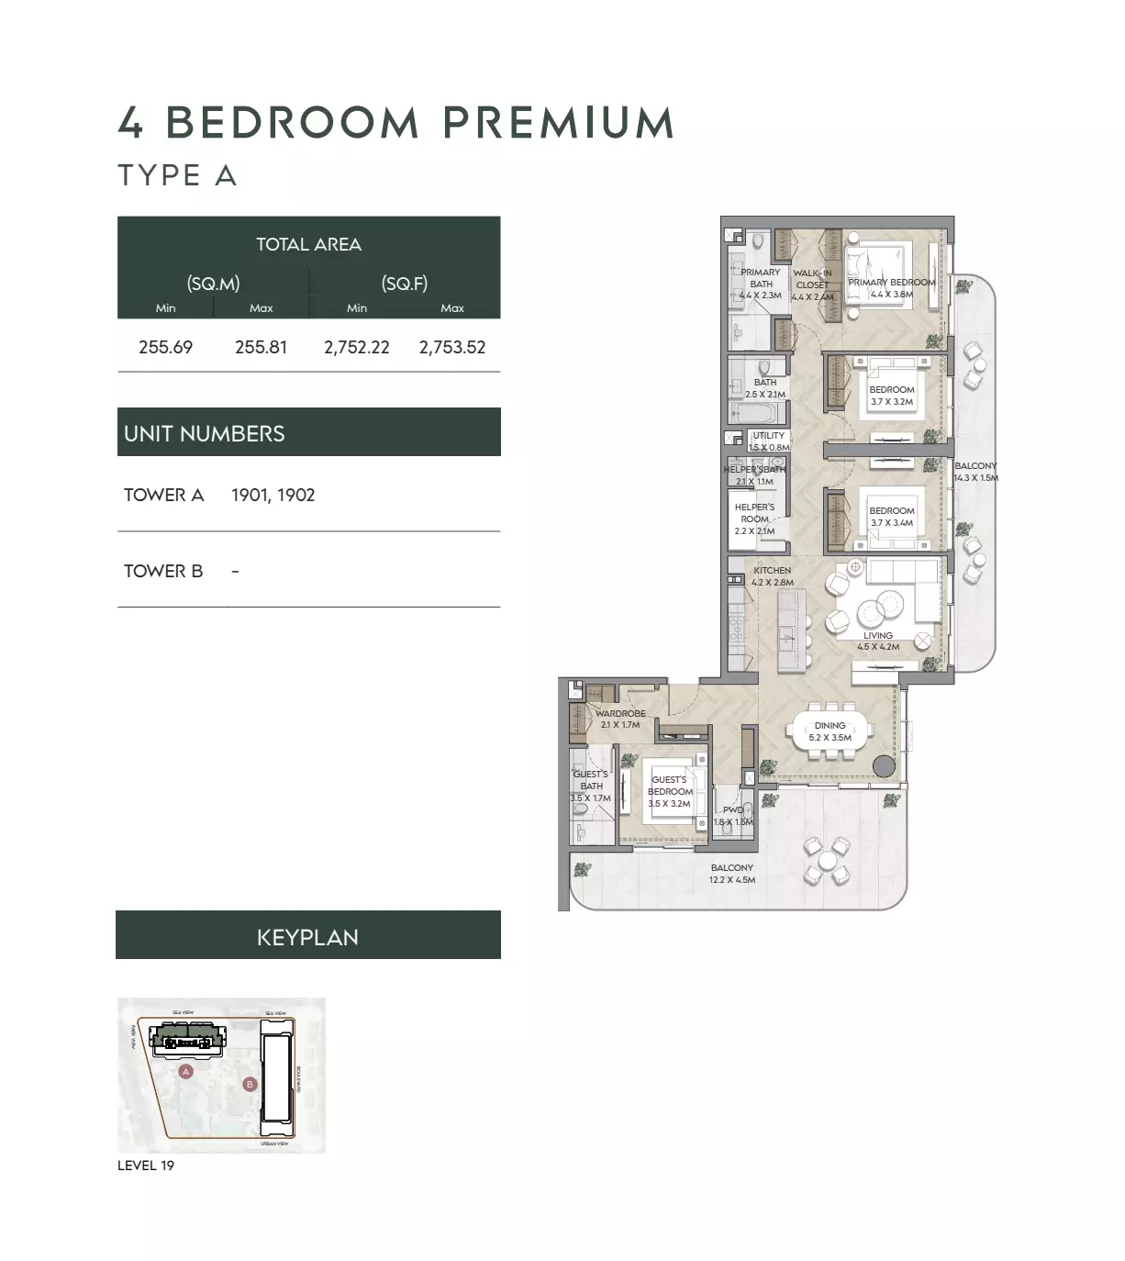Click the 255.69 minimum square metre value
(x=165, y=347)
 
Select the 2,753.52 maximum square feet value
(x=452, y=347)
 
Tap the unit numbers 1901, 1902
(x=273, y=495)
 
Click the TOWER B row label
(x=163, y=571)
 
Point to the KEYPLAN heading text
(x=307, y=937)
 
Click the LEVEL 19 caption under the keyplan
(x=146, y=1166)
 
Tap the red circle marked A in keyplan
(x=185, y=1071)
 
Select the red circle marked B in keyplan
(x=250, y=1084)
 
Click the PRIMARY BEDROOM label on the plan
(x=891, y=288)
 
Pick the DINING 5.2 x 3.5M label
(x=830, y=731)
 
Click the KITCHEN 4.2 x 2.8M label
(x=772, y=576)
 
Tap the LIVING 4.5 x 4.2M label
(x=878, y=641)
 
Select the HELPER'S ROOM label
(x=754, y=519)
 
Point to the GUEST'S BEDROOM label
(x=669, y=791)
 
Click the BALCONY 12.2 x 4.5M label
(x=731, y=874)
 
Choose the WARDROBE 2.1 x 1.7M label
(x=620, y=719)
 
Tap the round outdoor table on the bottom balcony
(x=828, y=860)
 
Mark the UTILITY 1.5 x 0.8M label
(x=769, y=441)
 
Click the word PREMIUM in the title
(x=559, y=123)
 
